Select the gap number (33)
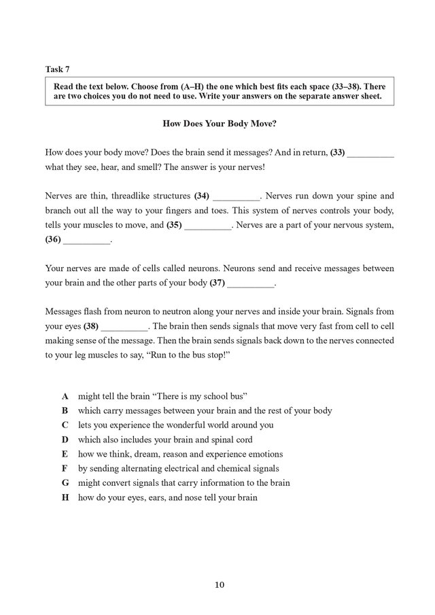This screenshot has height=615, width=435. point(338,154)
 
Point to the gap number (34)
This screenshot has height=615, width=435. point(201,196)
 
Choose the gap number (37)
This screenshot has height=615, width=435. point(217,282)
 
